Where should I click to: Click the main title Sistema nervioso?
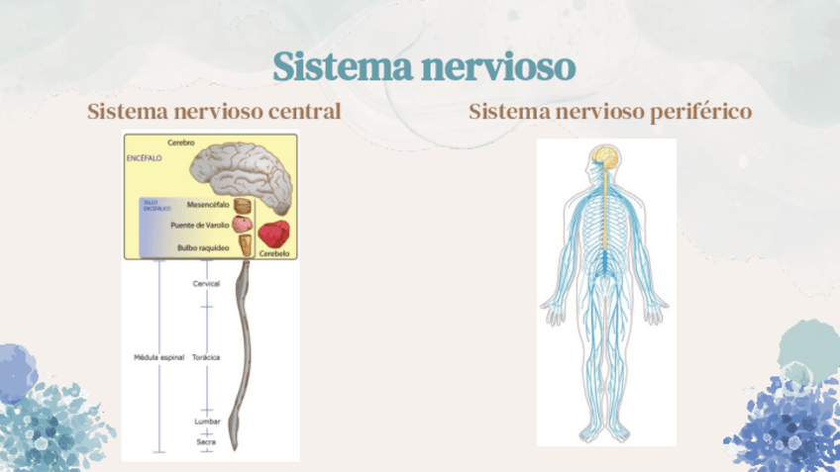[x=423, y=67]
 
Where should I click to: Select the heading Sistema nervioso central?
[x=214, y=111]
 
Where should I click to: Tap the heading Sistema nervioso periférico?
[x=610, y=111]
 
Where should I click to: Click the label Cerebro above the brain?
[x=182, y=142]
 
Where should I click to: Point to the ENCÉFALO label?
[x=145, y=158]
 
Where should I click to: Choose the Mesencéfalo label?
[x=208, y=205]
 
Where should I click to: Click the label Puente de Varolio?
[x=199, y=225]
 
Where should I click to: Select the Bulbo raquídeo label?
[x=203, y=246]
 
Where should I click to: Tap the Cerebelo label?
[x=273, y=252]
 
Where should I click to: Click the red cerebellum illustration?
[x=274, y=234]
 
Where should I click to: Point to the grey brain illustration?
[x=243, y=174]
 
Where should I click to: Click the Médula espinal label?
[x=158, y=356]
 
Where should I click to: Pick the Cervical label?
[x=206, y=284]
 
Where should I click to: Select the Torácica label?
[x=206, y=356]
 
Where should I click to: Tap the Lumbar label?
[x=206, y=422]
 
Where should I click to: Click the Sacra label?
[x=206, y=441]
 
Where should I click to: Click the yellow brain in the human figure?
[x=603, y=157]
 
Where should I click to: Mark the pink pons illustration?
[x=242, y=225]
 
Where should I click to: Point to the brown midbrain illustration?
[x=242, y=206]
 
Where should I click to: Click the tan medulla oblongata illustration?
[x=244, y=245]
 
